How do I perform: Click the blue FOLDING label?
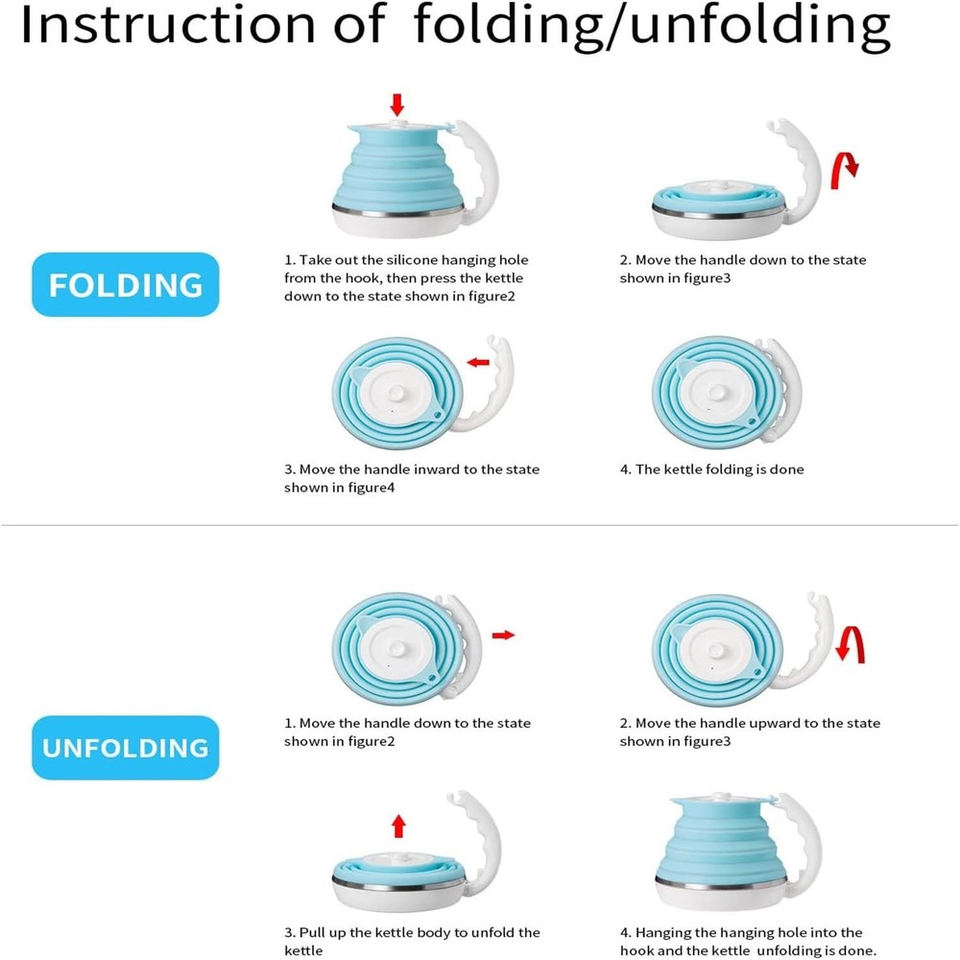(125, 285)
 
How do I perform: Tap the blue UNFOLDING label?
(125, 748)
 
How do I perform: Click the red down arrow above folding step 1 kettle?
(397, 105)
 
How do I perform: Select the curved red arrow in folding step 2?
(843, 171)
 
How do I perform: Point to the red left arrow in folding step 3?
(478, 362)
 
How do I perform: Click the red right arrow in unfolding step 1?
(503, 635)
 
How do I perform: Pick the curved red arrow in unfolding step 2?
(851, 645)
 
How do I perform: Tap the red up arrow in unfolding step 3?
(398, 826)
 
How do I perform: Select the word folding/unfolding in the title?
(652, 27)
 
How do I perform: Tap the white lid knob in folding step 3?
(396, 393)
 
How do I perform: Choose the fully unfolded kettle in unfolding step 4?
(737, 852)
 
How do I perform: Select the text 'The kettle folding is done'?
(720, 469)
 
